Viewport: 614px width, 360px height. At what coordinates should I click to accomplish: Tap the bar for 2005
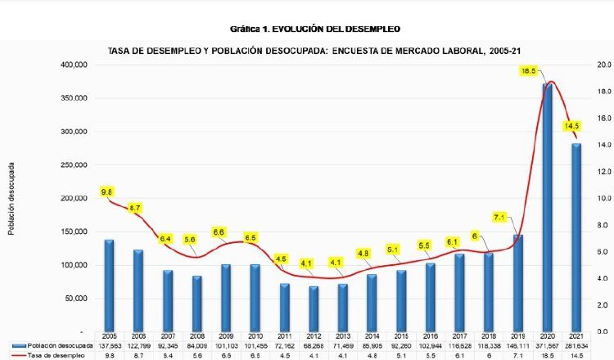tap(109, 286)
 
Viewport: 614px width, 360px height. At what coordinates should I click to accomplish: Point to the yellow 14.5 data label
tap(571, 126)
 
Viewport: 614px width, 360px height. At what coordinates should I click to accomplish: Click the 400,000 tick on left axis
tap(74, 65)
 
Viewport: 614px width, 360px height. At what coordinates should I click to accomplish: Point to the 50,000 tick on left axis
tap(77, 299)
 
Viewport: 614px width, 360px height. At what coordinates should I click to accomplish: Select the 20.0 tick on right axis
tap(601, 65)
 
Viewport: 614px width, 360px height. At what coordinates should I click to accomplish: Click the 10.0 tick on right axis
tap(601, 198)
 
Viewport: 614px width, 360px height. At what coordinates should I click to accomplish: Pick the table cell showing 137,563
tap(109, 347)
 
